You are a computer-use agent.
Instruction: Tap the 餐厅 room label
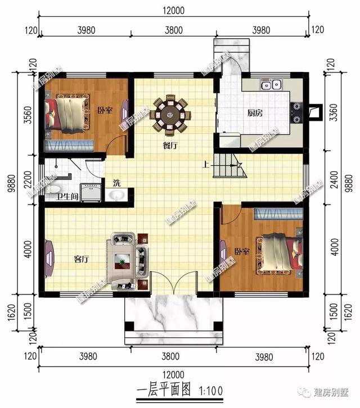(x=170, y=146)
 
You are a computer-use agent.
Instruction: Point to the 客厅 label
(x=82, y=259)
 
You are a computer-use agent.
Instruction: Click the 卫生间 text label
(x=67, y=197)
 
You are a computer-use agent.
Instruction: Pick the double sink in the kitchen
(x=270, y=85)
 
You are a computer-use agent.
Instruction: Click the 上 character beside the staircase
(x=206, y=165)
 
